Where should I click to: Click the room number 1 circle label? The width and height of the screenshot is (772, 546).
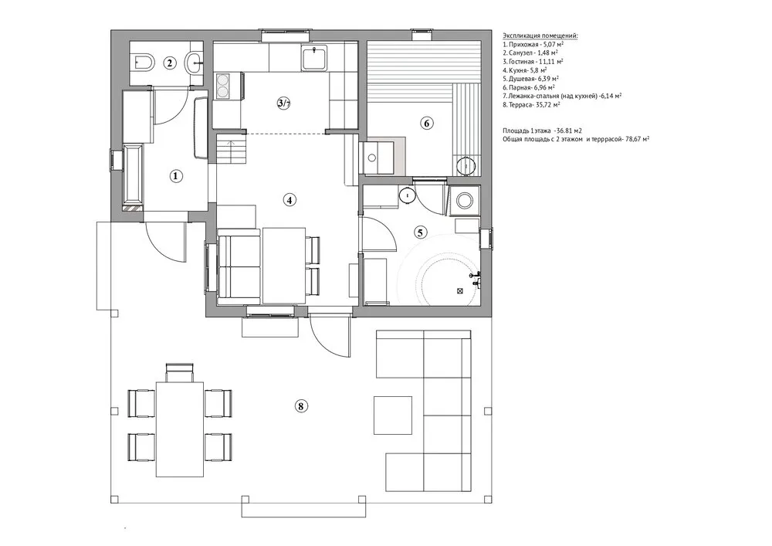tap(175, 176)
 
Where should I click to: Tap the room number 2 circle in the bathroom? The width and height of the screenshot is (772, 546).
tap(171, 63)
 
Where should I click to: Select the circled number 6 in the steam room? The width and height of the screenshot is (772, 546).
tap(426, 122)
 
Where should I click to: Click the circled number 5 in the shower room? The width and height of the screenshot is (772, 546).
tap(421, 231)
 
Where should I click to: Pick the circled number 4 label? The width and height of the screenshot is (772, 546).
tap(289, 199)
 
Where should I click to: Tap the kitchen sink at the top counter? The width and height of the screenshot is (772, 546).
tap(313, 58)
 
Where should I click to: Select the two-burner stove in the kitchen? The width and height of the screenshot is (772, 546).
tap(225, 85)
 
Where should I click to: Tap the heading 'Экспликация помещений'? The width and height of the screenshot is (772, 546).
tap(540, 36)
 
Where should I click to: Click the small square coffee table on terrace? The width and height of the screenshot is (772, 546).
tap(392, 415)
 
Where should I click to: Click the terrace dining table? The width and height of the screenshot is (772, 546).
tap(180, 429)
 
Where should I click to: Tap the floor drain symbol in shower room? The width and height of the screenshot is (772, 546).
tap(460, 291)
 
